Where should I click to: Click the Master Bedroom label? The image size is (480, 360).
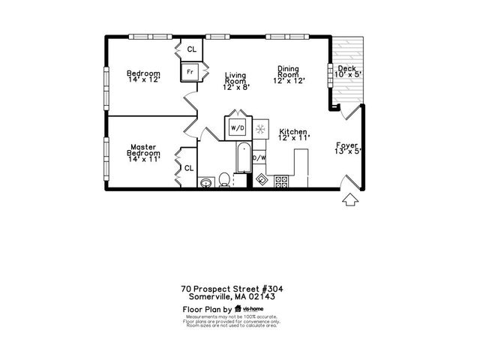point(142,153)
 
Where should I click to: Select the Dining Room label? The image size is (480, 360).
point(288,74)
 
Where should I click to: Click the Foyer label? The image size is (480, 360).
point(347,149)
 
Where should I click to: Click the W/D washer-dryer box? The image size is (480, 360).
point(238,127)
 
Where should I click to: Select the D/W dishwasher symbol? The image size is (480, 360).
point(259,157)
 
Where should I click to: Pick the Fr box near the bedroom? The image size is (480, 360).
point(190,72)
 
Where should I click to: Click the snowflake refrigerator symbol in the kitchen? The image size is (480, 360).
point(261,128)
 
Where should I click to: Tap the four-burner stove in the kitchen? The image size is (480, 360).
point(282,180)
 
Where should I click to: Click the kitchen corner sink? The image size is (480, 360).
point(262,180)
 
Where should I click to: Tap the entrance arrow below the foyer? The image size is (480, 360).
point(349,200)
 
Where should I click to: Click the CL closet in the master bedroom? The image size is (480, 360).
point(190,169)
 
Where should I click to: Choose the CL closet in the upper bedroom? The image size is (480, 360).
point(192,49)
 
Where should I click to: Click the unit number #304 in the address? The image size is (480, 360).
point(271,288)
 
